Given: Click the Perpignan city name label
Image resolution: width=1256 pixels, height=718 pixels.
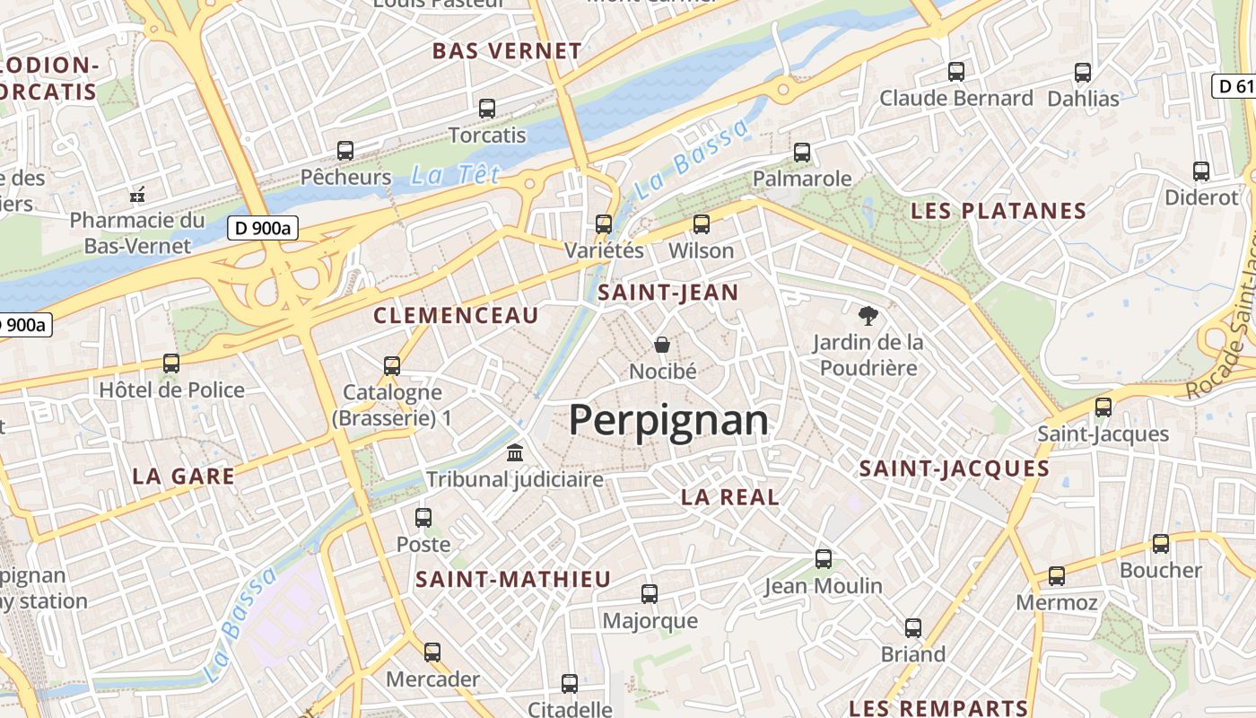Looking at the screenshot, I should (x=668, y=420).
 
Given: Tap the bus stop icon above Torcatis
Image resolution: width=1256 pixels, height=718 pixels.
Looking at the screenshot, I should (x=487, y=109).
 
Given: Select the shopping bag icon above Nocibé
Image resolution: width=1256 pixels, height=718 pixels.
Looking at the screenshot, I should (x=662, y=345).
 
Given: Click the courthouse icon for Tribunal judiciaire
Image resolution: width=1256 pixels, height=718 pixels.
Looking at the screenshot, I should (x=515, y=452).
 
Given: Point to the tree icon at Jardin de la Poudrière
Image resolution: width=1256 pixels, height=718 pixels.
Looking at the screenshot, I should (x=867, y=315).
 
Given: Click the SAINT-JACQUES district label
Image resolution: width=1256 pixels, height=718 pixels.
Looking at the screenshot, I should (x=954, y=468).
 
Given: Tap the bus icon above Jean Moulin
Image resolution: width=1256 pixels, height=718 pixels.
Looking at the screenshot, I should (x=823, y=559).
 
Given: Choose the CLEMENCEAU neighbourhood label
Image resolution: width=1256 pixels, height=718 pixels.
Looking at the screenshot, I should (x=456, y=315).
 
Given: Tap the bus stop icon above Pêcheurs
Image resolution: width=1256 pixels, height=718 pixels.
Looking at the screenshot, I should (x=345, y=151).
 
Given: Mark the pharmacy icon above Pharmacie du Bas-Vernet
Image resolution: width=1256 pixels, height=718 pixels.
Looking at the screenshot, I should (x=137, y=194).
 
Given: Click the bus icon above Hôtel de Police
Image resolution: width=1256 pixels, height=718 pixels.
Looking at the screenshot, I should (x=171, y=363).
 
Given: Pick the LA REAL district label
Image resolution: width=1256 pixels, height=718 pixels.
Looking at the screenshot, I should (x=729, y=497).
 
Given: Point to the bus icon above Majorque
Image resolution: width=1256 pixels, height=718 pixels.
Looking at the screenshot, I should (x=650, y=593).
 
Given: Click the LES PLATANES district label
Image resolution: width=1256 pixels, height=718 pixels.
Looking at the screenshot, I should (x=999, y=212).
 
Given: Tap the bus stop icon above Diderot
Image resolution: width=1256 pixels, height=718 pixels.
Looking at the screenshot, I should (x=1201, y=171).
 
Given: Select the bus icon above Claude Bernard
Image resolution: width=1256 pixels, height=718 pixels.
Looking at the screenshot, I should (x=956, y=72).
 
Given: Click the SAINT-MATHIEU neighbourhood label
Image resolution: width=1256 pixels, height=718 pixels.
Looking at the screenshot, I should (x=512, y=580).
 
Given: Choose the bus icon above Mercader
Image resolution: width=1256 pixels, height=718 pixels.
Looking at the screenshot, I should (x=432, y=652).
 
